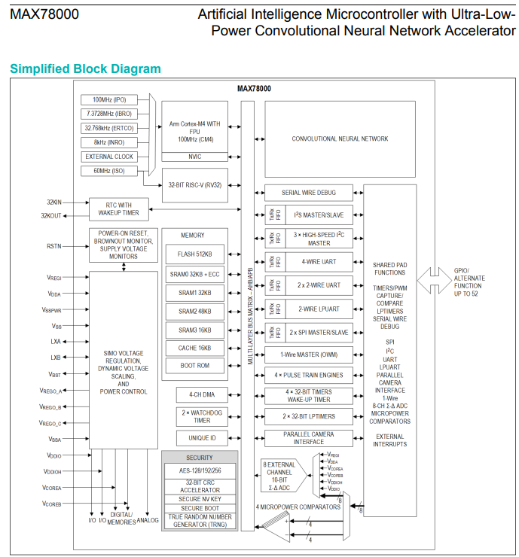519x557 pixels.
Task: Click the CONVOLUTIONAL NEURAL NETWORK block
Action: click(x=340, y=139)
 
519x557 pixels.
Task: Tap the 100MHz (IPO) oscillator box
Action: click(x=114, y=100)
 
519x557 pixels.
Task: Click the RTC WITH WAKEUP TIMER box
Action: click(x=119, y=208)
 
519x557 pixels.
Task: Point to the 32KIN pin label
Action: click(x=53, y=202)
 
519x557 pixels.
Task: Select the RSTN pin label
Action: click(x=54, y=246)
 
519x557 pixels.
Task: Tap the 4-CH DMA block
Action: click(x=196, y=394)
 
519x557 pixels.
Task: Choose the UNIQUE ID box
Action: click(x=196, y=437)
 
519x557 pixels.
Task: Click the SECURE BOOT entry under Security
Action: click(x=200, y=508)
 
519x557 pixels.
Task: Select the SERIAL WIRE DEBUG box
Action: click(x=308, y=193)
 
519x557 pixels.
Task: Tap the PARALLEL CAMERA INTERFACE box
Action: click(x=308, y=438)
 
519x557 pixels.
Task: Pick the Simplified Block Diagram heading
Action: click(x=85, y=69)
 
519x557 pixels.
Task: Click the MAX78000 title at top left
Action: click(x=44, y=14)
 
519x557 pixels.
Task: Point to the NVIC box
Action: click(x=194, y=157)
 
